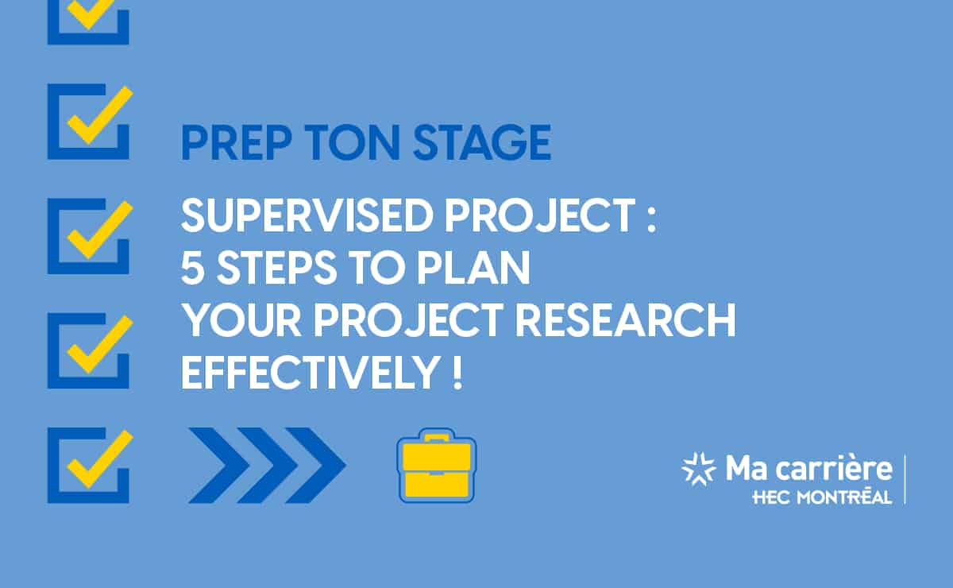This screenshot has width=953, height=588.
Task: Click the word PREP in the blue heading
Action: point(237,143)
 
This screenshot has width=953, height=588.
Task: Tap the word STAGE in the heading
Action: point(482,143)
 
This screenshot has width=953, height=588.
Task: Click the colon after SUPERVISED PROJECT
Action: point(651,219)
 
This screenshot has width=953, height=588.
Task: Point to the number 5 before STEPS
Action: point(193,269)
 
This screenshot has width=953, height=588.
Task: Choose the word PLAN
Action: point(473,268)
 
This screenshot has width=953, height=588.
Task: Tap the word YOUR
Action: point(241,320)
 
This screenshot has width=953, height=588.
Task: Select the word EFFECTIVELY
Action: point(311,372)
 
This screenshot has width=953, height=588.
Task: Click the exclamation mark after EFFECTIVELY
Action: point(457,372)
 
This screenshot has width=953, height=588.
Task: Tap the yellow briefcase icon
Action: point(437,466)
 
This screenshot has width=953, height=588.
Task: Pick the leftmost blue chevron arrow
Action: point(219,466)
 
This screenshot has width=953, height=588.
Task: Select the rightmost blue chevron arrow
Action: point(316,466)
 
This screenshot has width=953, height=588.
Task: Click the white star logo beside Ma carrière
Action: point(698,469)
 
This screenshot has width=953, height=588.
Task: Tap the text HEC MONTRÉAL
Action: point(822,497)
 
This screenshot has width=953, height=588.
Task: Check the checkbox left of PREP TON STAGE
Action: point(90,122)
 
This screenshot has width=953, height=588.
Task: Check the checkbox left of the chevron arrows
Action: point(90,466)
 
